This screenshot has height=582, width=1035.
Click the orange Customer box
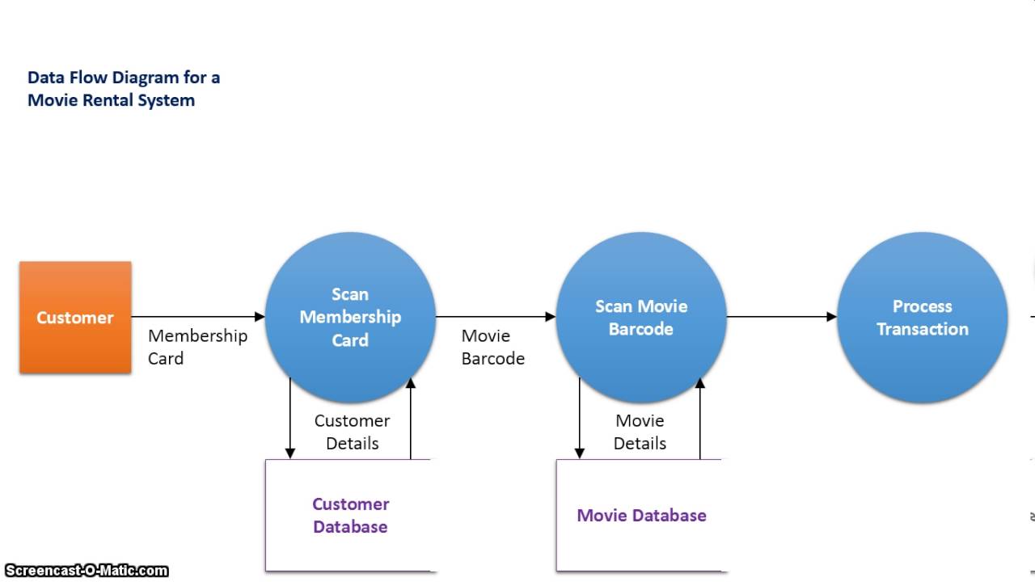[x=75, y=317]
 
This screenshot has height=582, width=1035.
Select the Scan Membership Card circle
[x=350, y=317]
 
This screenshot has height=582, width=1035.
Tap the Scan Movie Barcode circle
[x=641, y=317]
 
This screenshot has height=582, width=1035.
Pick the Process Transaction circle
[x=922, y=317]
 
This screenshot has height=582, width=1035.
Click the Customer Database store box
[x=350, y=516]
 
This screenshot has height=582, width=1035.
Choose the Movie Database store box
[x=641, y=516]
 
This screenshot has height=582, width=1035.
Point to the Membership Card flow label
[x=197, y=347]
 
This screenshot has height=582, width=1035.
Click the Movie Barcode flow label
[x=492, y=347]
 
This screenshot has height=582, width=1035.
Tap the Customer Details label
[x=352, y=432]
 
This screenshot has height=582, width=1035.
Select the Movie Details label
[x=640, y=432]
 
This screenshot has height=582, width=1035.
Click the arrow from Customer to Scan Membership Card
[x=198, y=317]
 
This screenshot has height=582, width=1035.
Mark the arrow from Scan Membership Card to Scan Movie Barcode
[x=496, y=317]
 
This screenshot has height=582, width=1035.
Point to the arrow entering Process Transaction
[x=781, y=317]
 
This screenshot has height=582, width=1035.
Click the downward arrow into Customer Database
[x=289, y=420]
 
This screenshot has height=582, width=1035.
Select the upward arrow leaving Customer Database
[x=411, y=420]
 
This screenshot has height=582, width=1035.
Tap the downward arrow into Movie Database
[x=579, y=420]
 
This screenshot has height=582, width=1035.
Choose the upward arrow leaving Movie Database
[x=700, y=420]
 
